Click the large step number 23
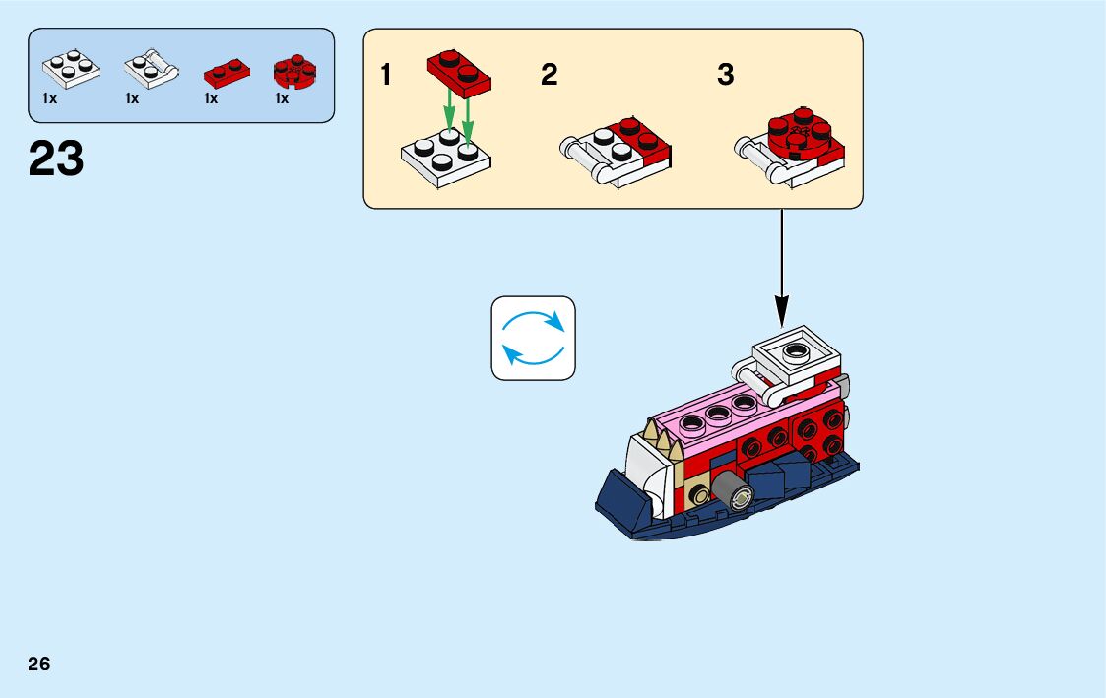tap(56, 159)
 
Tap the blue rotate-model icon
tap(533, 338)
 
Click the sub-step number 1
tap(387, 75)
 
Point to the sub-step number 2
tap(549, 75)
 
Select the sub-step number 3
tap(725, 75)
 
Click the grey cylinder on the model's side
tap(729, 489)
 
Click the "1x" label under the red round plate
tap(282, 98)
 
